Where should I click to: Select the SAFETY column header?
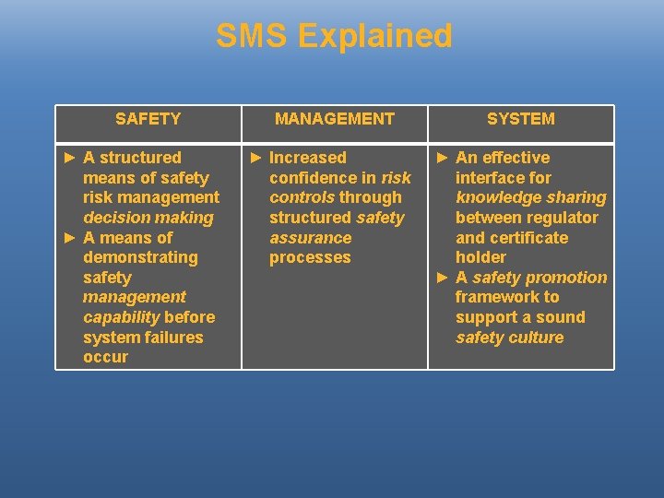148,119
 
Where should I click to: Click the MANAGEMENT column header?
335,119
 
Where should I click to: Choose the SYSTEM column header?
521,119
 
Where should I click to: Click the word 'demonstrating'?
140,257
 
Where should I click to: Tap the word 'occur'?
105,357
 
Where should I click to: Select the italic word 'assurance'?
311,238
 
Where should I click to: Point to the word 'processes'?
310,257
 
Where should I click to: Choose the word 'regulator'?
563,218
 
